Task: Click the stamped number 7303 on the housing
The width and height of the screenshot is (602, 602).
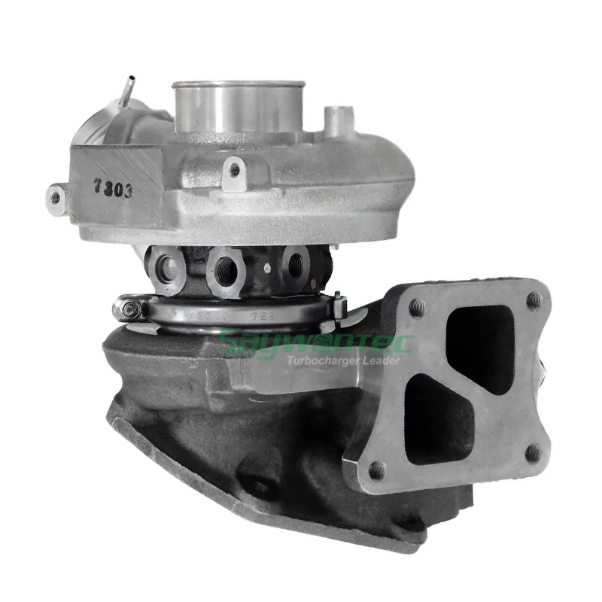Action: click(114, 188)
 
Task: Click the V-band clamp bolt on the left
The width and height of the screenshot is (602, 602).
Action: click(132, 309)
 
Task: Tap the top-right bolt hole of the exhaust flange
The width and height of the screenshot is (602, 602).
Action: click(534, 301)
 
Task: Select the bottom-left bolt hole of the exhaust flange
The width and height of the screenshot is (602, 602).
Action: click(377, 470)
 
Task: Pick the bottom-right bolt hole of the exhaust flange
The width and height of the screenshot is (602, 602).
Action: click(532, 453)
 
